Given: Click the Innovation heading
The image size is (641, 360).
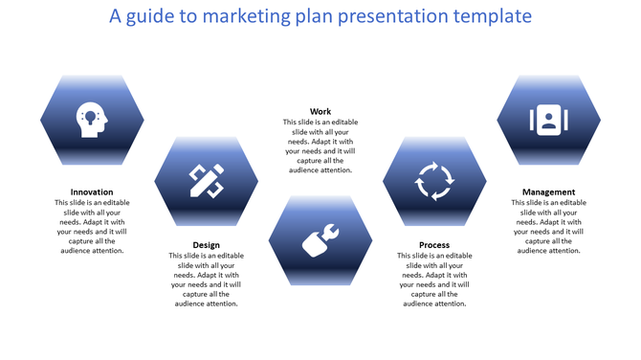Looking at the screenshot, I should point(92,191).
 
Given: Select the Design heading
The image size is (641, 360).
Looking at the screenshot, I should point(206,245).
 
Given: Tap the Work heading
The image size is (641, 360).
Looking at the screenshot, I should point(320,112).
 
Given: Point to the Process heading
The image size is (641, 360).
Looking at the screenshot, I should point(434,245).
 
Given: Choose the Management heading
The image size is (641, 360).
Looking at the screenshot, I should point(548,191).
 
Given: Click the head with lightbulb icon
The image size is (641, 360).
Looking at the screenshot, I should point(92,120).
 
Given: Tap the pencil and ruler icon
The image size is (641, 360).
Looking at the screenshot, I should point(206,180).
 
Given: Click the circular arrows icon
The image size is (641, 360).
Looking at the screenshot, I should point(433,180).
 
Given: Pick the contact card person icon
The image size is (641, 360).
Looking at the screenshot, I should point(548,120).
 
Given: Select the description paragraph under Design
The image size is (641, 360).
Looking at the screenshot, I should point(206,280).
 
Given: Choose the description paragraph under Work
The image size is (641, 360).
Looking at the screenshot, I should point(320,146).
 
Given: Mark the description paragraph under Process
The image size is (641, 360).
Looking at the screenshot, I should point(434,280).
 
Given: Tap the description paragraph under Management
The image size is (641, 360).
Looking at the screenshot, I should point(548,226).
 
